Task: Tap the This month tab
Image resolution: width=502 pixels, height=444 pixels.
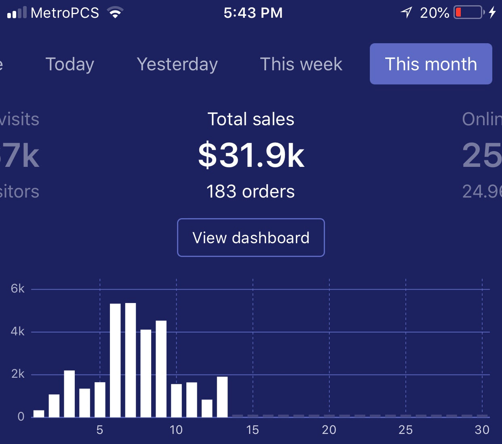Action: [x=431, y=64]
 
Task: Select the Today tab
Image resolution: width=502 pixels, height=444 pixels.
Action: [x=70, y=64]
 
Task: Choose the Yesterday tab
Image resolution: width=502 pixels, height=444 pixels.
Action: [x=177, y=64]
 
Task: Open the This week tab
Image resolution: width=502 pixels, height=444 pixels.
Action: [x=301, y=64]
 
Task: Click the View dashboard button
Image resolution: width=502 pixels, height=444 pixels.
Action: [x=251, y=238]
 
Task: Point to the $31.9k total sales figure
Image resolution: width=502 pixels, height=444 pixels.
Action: [x=251, y=156]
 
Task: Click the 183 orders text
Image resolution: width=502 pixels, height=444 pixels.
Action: [x=251, y=191]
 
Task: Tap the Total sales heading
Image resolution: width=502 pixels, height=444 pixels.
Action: [x=251, y=119]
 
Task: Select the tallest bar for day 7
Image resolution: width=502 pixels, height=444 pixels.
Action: [x=131, y=360]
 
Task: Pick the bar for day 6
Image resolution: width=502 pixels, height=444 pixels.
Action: [x=115, y=360]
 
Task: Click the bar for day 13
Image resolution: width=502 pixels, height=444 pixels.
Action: [x=222, y=397]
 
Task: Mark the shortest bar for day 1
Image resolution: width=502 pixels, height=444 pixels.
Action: [x=39, y=414]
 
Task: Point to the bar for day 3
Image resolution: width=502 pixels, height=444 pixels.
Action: [x=70, y=393]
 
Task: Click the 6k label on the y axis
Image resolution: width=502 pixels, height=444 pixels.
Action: [x=18, y=288]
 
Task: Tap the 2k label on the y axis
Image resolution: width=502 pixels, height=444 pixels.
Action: [x=18, y=374]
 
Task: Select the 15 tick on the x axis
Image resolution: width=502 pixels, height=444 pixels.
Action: [x=253, y=430]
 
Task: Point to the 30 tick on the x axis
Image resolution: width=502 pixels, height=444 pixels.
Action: [x=482, y=430]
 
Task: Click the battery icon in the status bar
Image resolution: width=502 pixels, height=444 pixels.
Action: [x=469, y=13]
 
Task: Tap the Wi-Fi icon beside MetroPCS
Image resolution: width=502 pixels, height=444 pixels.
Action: [x=115, y=13]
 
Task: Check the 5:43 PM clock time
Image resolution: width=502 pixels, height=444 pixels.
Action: [x=253, y=13]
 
